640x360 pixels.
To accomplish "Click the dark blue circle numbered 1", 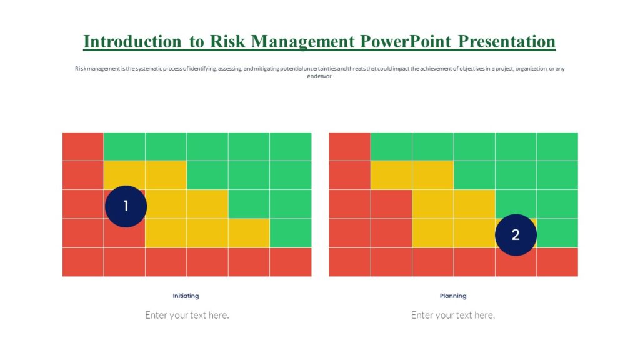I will coord(126,206).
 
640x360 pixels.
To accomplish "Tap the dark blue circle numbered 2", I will coord(516,235).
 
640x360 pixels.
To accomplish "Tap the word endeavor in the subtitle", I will coord(319,76).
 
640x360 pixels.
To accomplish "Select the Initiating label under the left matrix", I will coord(186,296).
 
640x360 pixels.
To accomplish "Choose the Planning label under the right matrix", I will coord(453,296).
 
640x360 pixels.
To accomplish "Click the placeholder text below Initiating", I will coord(187,315).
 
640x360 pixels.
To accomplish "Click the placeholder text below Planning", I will coord(453,315).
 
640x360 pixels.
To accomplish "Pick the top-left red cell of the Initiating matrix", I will coord(82,146).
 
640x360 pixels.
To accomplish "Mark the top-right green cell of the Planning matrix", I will coord(557,146).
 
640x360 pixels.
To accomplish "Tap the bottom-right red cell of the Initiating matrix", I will coord(291,262).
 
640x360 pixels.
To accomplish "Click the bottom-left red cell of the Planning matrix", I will coord(349,262).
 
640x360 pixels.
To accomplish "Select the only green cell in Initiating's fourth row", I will coord(291,233).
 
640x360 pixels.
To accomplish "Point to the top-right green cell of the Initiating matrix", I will coord(291,146).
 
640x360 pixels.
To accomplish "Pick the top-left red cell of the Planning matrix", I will coord(349,146).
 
